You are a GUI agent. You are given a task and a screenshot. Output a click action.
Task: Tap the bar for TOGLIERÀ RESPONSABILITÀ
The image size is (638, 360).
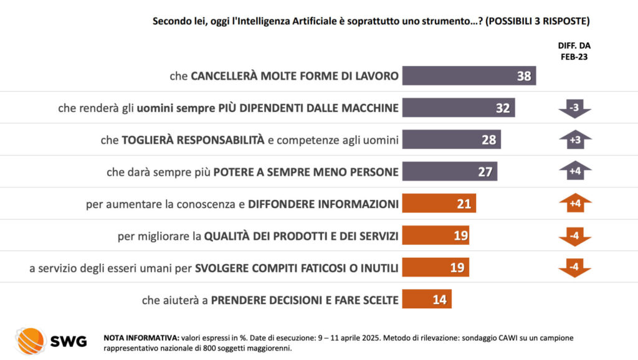pos(451,140)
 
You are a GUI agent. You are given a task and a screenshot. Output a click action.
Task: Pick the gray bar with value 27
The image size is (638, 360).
pos(449,171)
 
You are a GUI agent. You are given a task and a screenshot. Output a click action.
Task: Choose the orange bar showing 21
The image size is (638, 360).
pos(439,203)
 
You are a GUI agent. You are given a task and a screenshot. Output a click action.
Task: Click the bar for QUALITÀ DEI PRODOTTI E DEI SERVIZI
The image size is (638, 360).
pos(436,235)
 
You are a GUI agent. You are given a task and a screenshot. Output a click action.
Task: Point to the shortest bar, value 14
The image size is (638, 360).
pos(426,299)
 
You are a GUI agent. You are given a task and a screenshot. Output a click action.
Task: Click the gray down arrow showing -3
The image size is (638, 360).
pos(574,108)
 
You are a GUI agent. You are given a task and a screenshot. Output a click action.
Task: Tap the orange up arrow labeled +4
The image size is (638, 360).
pos(574,203)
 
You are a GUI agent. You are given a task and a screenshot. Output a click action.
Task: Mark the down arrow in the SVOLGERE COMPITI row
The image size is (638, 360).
pos(574,267)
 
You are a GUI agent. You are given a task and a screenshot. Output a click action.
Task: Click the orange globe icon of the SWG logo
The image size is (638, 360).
pos(31,341)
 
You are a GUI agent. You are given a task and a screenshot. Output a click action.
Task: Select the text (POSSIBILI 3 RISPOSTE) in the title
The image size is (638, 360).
pos(537,21)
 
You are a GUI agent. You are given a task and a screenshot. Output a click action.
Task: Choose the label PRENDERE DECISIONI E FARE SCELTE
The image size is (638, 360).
pos(305,300)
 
